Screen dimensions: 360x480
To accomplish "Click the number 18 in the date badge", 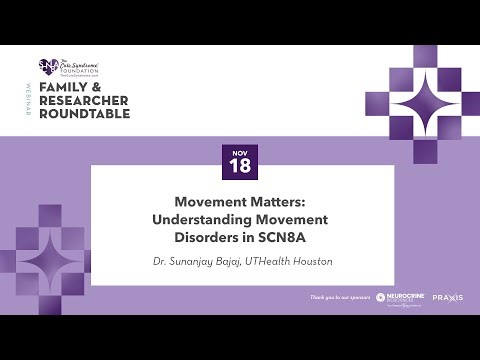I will click(240, 168).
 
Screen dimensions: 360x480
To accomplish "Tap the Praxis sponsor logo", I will click(447, 298).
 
